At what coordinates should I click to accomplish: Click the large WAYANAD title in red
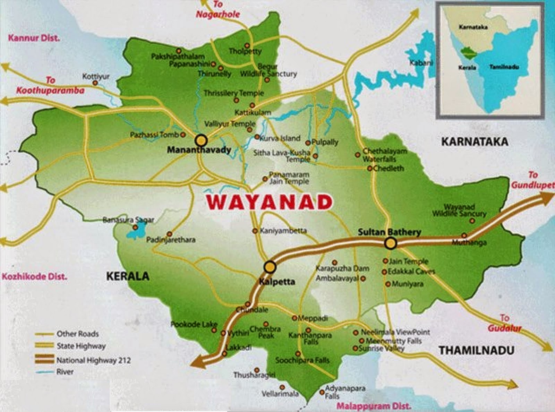tap(269, 202)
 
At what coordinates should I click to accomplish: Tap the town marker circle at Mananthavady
tap(201, 140)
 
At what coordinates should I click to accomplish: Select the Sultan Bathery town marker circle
tap(391, 243)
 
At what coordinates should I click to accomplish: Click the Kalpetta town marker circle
tap(270, 267)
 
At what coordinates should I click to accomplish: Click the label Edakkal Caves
tap(411, 272)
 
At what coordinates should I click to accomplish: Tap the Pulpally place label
tap(325, 142)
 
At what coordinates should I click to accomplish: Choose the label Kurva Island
tap(280, 138)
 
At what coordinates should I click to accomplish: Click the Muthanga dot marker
tap(464, 235)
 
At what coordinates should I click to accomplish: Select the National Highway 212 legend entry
tap(94, 360)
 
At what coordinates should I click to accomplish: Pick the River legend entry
tap(65, 372)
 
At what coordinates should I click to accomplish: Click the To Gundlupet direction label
tap(533, 180)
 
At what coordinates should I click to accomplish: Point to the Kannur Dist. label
tap(34, 38)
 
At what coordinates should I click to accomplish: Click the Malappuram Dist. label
tap(374, 406)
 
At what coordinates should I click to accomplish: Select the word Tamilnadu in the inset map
tap(504, 67)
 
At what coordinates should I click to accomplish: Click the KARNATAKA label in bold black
tap(475, 141)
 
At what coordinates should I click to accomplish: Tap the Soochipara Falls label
tap(302, 361)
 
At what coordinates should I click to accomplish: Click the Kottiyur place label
tap(96, 76)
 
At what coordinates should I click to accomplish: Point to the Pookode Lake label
tap(194, 325)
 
